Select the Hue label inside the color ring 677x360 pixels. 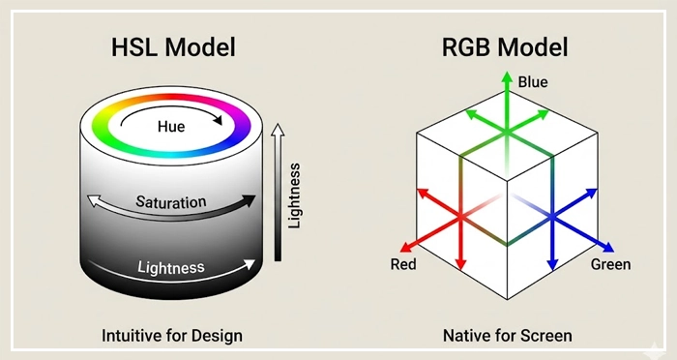(x=171, y=126)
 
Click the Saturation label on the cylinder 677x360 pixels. (x=170, y=203)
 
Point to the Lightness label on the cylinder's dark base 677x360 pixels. (x=171, y=267)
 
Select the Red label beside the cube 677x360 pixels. (x=403, y=264)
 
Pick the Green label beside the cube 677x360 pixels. (x=610, y=264)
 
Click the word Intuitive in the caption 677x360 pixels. (x=133, y=336)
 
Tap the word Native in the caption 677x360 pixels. (x=468, y=336)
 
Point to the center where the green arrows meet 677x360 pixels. (x=502, y=127)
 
